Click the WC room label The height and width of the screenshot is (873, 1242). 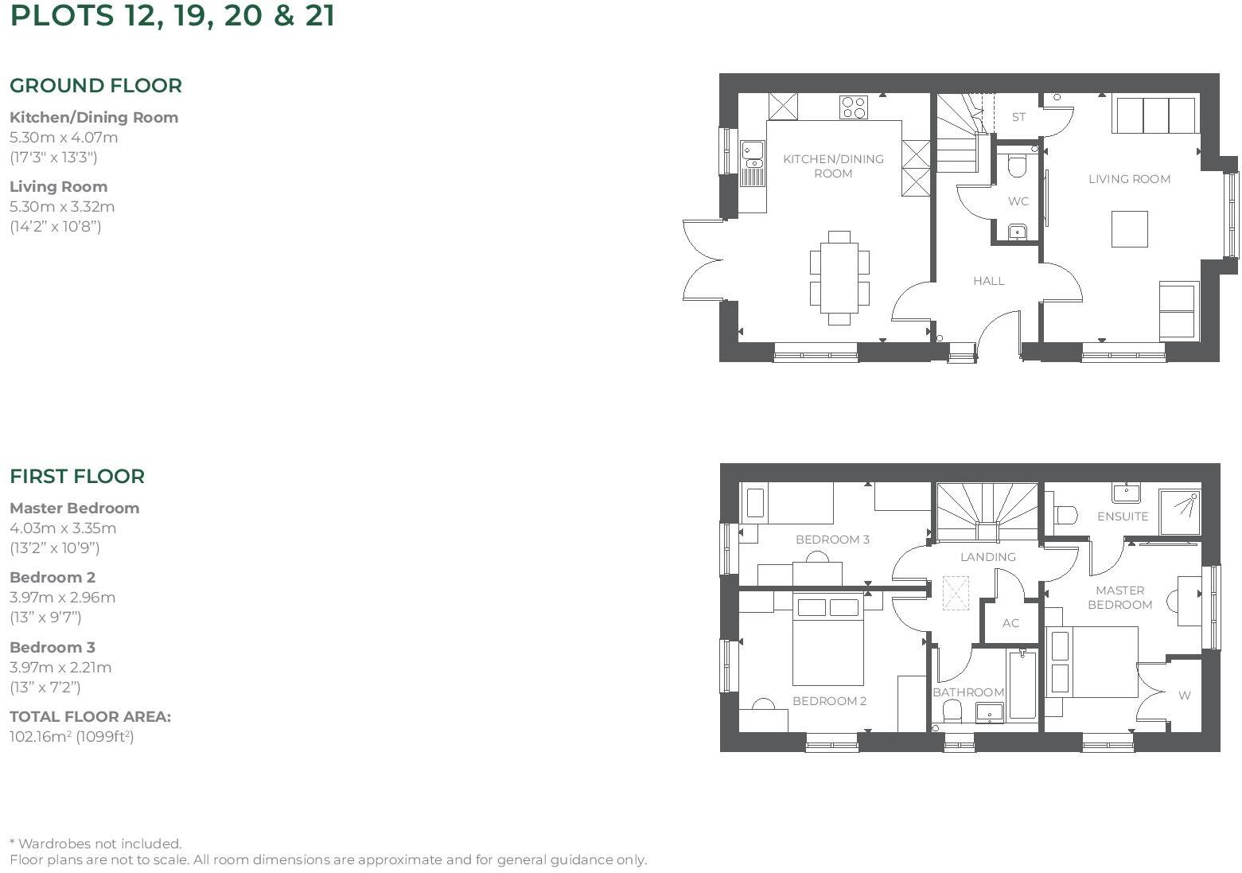click(1018, 201)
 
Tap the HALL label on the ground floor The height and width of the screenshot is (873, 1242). click(988, 281)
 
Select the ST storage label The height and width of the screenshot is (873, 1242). click(1018, 117)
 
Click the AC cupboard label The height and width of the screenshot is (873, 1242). click(1010, 623)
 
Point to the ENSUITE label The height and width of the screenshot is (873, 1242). click(1122, 516)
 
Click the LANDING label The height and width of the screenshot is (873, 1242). click(987, 557)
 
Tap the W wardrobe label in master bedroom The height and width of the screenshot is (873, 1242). click(1184, 696)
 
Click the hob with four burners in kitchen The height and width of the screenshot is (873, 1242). click(854, 107)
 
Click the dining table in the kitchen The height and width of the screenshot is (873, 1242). click(839, 278)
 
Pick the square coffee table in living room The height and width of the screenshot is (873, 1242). click(1129, 229)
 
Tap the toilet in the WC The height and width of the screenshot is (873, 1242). click(1017, 166)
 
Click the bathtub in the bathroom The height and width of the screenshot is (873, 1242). click(1022, 684)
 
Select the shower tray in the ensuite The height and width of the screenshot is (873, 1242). click(1180, 511)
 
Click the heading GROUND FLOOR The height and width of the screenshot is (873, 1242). click(95, 86)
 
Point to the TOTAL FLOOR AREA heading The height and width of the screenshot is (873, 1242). click(90, 717)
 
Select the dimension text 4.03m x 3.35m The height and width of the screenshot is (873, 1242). click(63, 528)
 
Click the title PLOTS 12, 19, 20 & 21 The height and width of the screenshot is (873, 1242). click(172, 16)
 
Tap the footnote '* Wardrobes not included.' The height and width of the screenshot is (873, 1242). click(95, 844)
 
